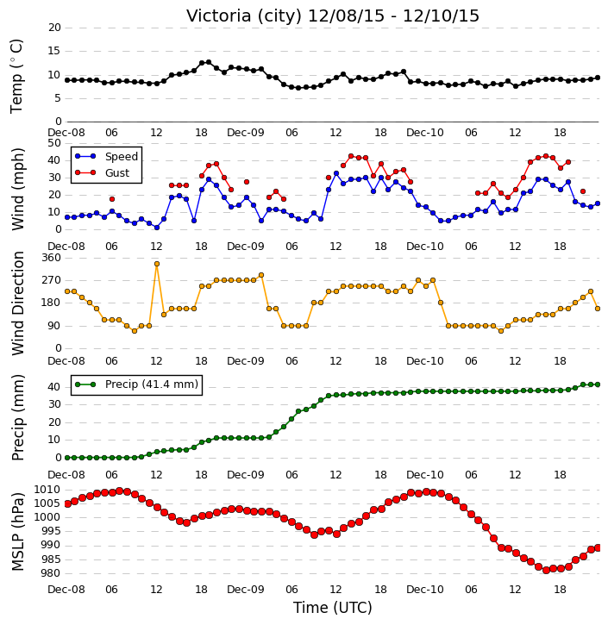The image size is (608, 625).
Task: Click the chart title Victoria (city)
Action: (244, 16)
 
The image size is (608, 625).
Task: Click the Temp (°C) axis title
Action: (16, 76)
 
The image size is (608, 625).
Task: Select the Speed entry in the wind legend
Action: (122, 157)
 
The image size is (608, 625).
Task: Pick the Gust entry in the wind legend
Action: (116, 173)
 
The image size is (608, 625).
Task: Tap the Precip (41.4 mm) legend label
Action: (152, 384)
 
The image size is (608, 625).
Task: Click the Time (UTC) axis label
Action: (333, 608)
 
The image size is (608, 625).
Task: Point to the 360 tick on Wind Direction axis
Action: (52, 258)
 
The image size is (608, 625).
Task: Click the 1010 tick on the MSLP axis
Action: (47, 490)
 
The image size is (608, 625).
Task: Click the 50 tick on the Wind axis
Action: (54, 143)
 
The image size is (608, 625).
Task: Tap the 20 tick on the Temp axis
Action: (54, 28)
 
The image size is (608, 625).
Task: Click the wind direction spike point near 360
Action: (157, 264)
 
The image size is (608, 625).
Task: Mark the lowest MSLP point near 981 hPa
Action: (546, 570)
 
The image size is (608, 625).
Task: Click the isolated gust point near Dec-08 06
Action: (112, 199)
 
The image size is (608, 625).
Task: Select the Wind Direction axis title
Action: (18, 303)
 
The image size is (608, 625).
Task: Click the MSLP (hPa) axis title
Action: (18, 532)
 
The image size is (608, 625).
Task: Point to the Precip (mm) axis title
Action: (18, 418)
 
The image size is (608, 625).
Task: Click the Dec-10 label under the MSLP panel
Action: (424, 589)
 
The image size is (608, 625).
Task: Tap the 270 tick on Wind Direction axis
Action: (52, 280)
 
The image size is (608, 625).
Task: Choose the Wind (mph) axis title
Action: (18, 190)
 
